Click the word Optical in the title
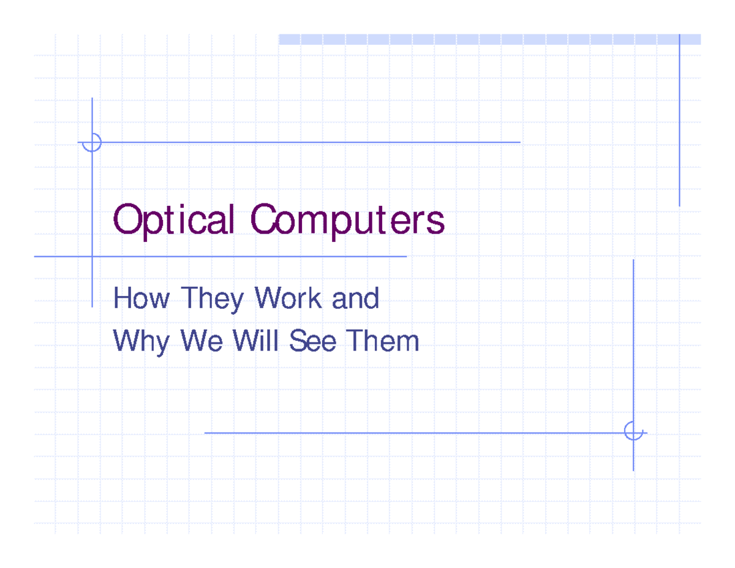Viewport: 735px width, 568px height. (174, 221)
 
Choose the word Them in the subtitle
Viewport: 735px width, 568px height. (382, 341)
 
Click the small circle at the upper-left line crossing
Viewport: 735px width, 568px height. (92, 142)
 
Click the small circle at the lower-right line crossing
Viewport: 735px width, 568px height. (633, 431)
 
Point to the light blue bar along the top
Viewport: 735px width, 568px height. (489, 39)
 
